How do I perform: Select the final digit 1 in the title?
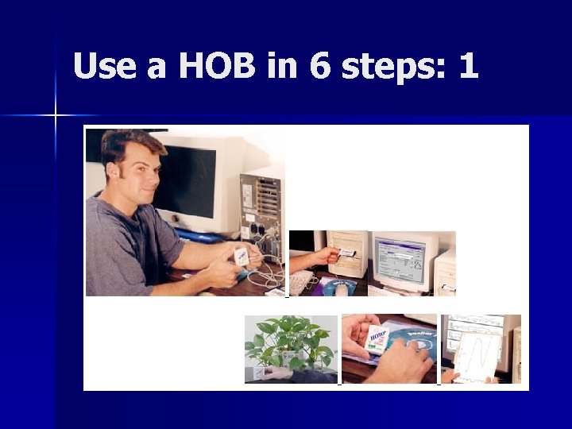[x=468, y=66]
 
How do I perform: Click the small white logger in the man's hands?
[x=241, y=256]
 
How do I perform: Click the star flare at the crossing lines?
[x=56, y=116]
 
